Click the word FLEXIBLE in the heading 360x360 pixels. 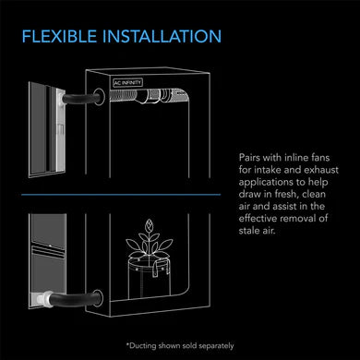click(59, 36)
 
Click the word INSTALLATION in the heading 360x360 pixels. click(162, 36)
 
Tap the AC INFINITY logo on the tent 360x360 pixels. click(127, 82)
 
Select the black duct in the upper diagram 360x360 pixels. click(81, 99)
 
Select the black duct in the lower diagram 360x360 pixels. click(75, 299)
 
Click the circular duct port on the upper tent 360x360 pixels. click(99, 97)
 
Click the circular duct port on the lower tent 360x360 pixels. click(98, 298)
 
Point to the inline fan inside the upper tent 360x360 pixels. click(153, 95)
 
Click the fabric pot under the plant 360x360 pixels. click(149, 279)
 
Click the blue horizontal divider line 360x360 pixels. click(121, 195)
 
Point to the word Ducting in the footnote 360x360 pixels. click(143, 346)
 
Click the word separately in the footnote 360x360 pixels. click(216, 346)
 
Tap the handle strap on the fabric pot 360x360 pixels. click(160, 268)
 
